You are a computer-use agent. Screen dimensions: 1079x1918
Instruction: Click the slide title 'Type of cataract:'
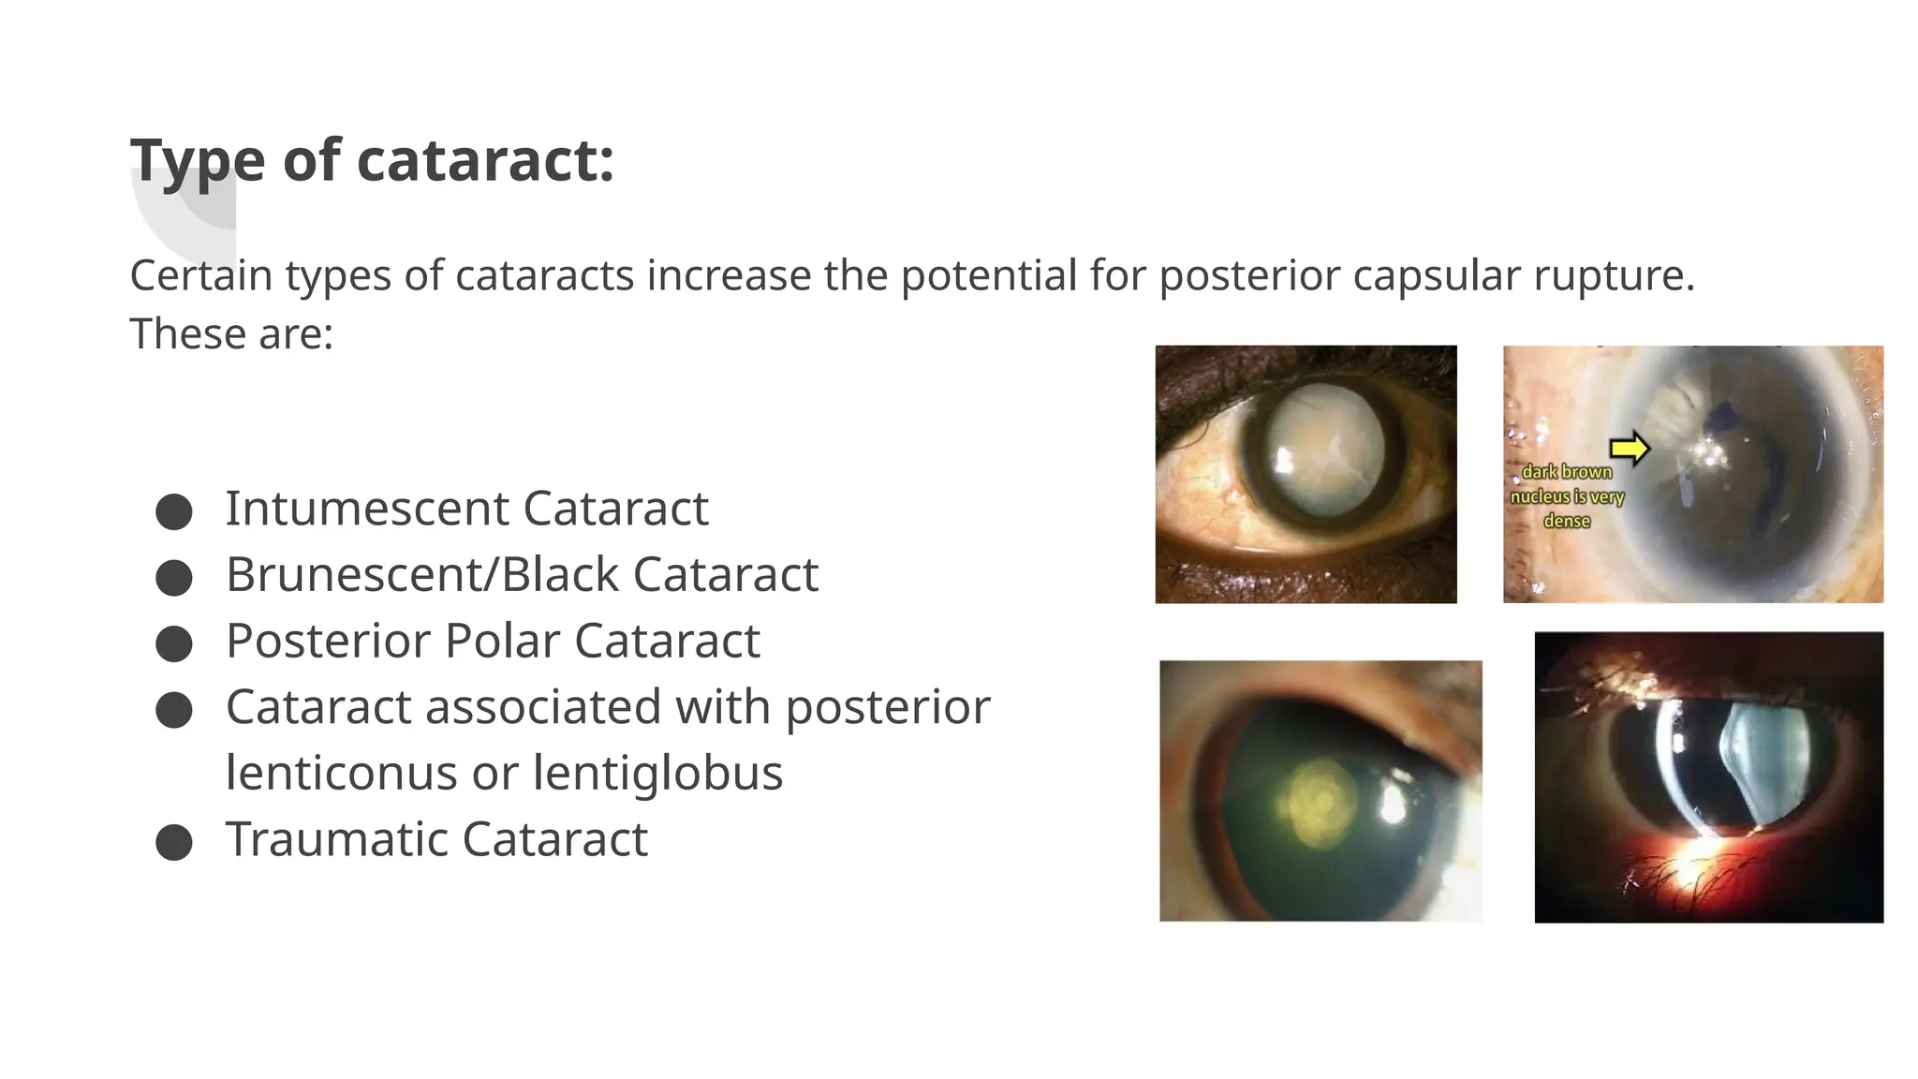pyautogui.click(x=372, y=160)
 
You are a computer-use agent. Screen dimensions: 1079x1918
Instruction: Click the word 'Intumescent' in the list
pyautogui.click(x=366, y=509)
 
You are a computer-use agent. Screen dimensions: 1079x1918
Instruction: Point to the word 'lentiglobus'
pyautogui.click(x=657, y=773)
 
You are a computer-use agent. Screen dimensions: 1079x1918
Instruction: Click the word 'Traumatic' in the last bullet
pyautogui.click(x=336, y=838)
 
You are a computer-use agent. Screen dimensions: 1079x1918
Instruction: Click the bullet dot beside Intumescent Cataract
pyautogui.click(x=174, y=512)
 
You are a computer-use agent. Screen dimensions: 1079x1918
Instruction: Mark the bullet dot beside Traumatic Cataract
pyautogui.click(x=174, y=842)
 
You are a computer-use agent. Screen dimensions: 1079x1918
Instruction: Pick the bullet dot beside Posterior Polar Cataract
pyautogui.click(x=174, y=644)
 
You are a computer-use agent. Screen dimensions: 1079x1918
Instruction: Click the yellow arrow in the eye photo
pyautogui.click(x=1630, y=448)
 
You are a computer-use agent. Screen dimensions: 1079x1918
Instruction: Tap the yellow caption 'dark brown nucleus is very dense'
pyautogui.click(x=1567, y=496)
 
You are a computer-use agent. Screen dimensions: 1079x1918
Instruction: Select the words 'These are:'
pyautogui.click(x=231, y=333)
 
